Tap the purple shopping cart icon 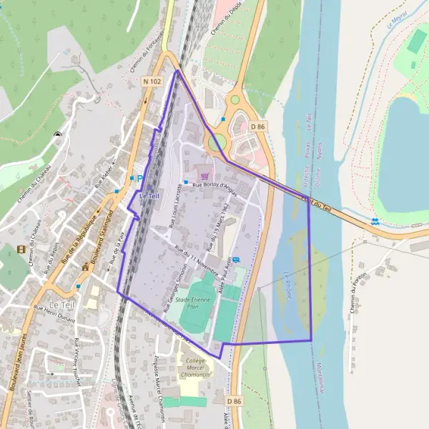click(x=205, y=174)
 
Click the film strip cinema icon click(x=21, y=249)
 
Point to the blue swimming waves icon click(x=375, y=222)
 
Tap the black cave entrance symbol click(x=57, y=134)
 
